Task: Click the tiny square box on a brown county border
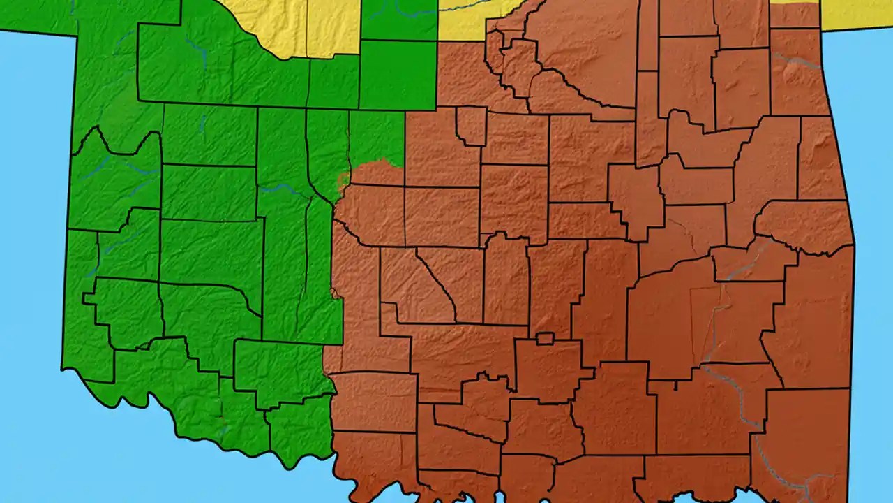pyautogui.click(x=545, y=339)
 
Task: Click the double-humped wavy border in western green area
pyautogui.click(x=119, y=140)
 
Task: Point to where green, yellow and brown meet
pyautogui.click(x=438, y=41)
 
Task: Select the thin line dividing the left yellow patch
pyautogui.click(x=306, y=28)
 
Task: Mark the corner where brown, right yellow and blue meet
pyautogui.click(x=820, y=28)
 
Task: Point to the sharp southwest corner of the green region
pyautogui.click(x=63, y=368)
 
